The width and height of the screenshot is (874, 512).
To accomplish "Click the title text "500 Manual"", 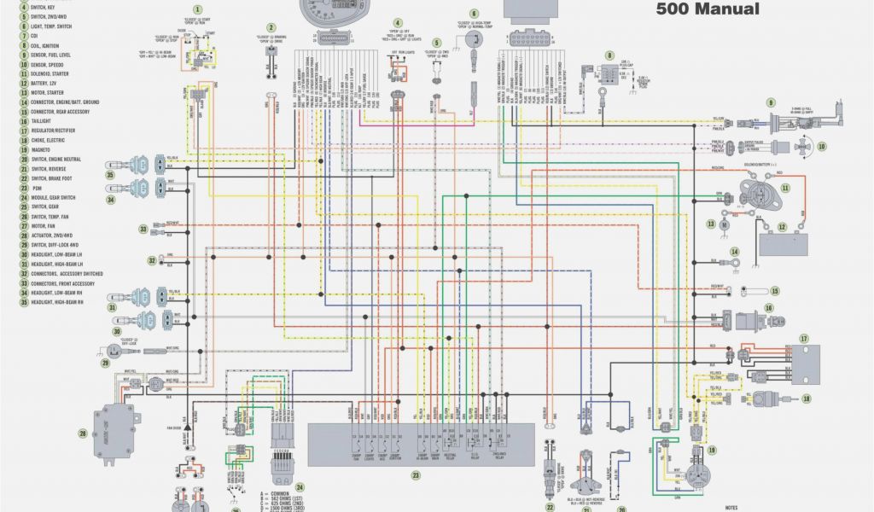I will [707, 9].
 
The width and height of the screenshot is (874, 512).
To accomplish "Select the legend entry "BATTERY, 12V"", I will [50, 84].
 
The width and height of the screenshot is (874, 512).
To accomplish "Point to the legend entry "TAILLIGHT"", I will [45, 121].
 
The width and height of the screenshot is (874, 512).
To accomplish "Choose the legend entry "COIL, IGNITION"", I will [52, 46].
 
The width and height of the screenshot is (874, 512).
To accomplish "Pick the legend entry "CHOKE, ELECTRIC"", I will [52, 140].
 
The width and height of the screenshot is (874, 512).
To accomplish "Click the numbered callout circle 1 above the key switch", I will [198, 9].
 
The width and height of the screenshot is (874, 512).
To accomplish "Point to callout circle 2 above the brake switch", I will [271, 28].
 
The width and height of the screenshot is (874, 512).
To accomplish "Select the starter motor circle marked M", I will [724, 224].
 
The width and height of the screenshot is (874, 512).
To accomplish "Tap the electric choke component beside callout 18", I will [766, 398].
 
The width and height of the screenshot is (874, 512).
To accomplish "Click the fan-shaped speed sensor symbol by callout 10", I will [801, 147].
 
